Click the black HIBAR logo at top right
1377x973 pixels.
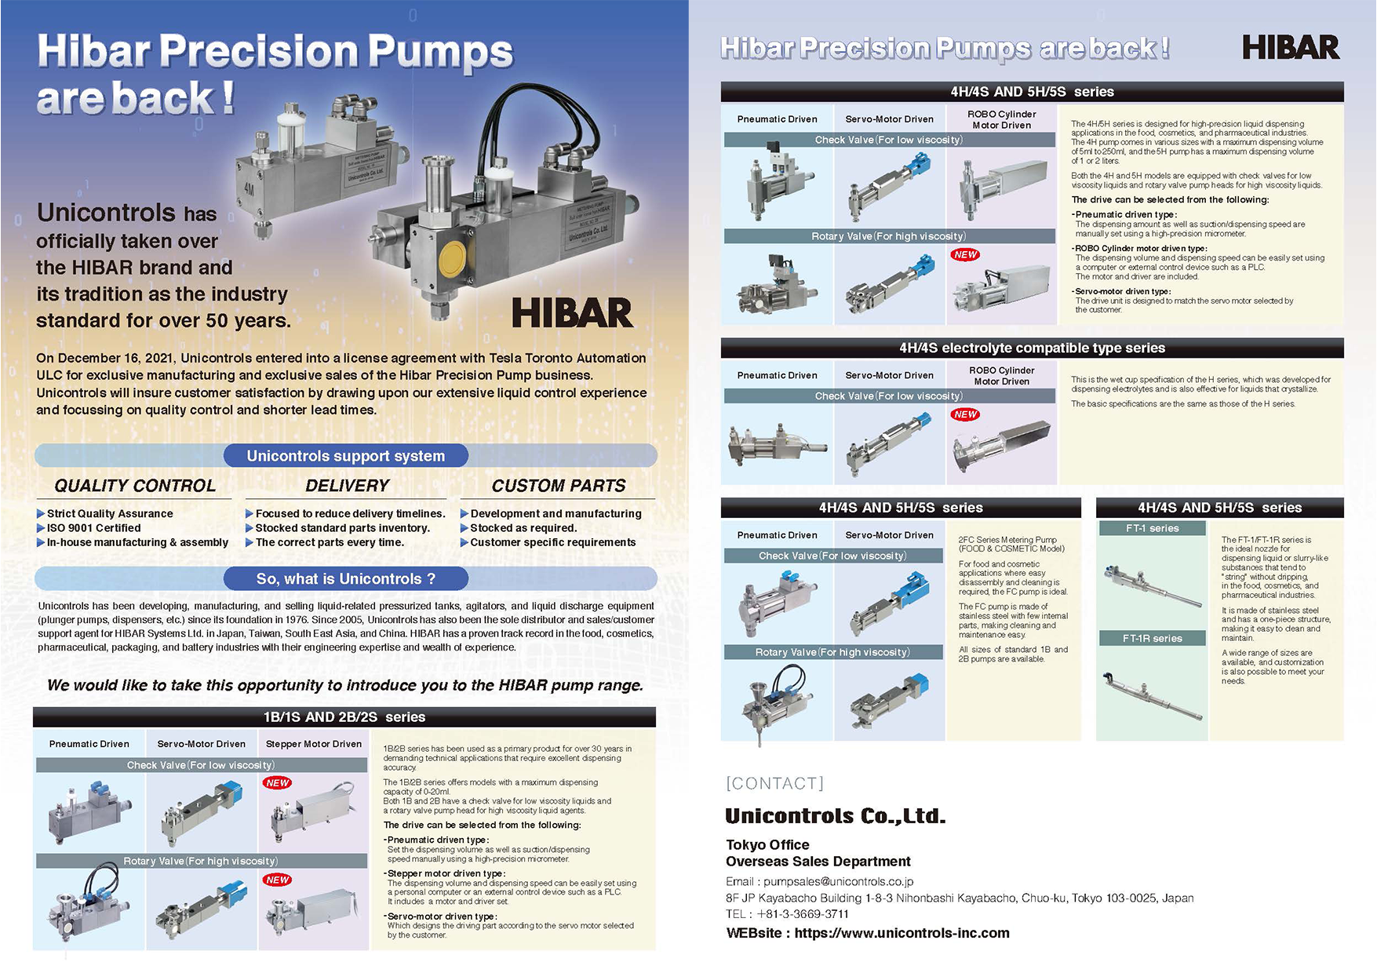click(x=1290, y=48)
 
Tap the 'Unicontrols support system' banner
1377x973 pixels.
click(x=345, y=456)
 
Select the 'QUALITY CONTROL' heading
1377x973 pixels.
click(x=135, y=486)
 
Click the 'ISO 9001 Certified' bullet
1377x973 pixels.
click(x=93, y=528)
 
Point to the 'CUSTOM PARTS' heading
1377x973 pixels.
click(x=558, y=486)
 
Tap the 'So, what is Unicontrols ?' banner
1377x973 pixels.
click(x=345, y=579)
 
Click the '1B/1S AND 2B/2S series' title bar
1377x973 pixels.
click(x=344, y=717)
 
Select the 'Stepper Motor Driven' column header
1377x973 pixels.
click(x=313, y=744)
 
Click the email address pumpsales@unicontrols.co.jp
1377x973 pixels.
click(x=838, y=881)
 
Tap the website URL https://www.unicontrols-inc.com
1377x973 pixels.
click(x=902, y=933)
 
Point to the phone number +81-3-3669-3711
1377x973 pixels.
click(x=802, y=913)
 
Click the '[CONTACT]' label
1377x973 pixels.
click(x=774, y=783)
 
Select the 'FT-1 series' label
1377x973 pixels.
click(x=1152, y=528)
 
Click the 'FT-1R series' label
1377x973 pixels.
click(x=1152, y=638)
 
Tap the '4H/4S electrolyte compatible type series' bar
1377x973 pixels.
click(x=1032, y=348)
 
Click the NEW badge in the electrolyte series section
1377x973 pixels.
click(x=965, y=414)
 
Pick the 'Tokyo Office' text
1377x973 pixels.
click(x=767, y=844)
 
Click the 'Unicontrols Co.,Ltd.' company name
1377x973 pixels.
click(x=835, y=816)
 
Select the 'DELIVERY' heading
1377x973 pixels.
click(x=347, y=486)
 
